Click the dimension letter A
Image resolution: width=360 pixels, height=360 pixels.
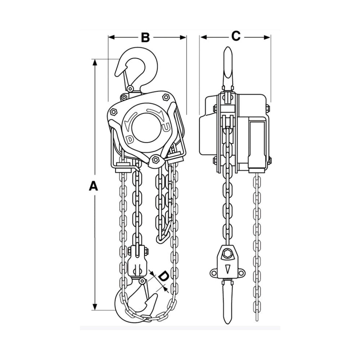[x=94, y=186]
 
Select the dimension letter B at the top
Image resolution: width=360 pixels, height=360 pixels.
[x=145, y=37]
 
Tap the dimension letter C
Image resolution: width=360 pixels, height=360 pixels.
[x=235, y=36]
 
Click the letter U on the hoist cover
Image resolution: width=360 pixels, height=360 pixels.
[x=166, y=127]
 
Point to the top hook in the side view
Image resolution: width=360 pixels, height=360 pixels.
[x=228, y=67]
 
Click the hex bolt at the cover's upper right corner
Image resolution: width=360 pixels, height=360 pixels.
[x=166, y=97]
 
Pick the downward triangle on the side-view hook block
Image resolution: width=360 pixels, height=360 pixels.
[x=227, y=269]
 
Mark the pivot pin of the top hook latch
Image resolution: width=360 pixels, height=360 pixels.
[x=130, y=89]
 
